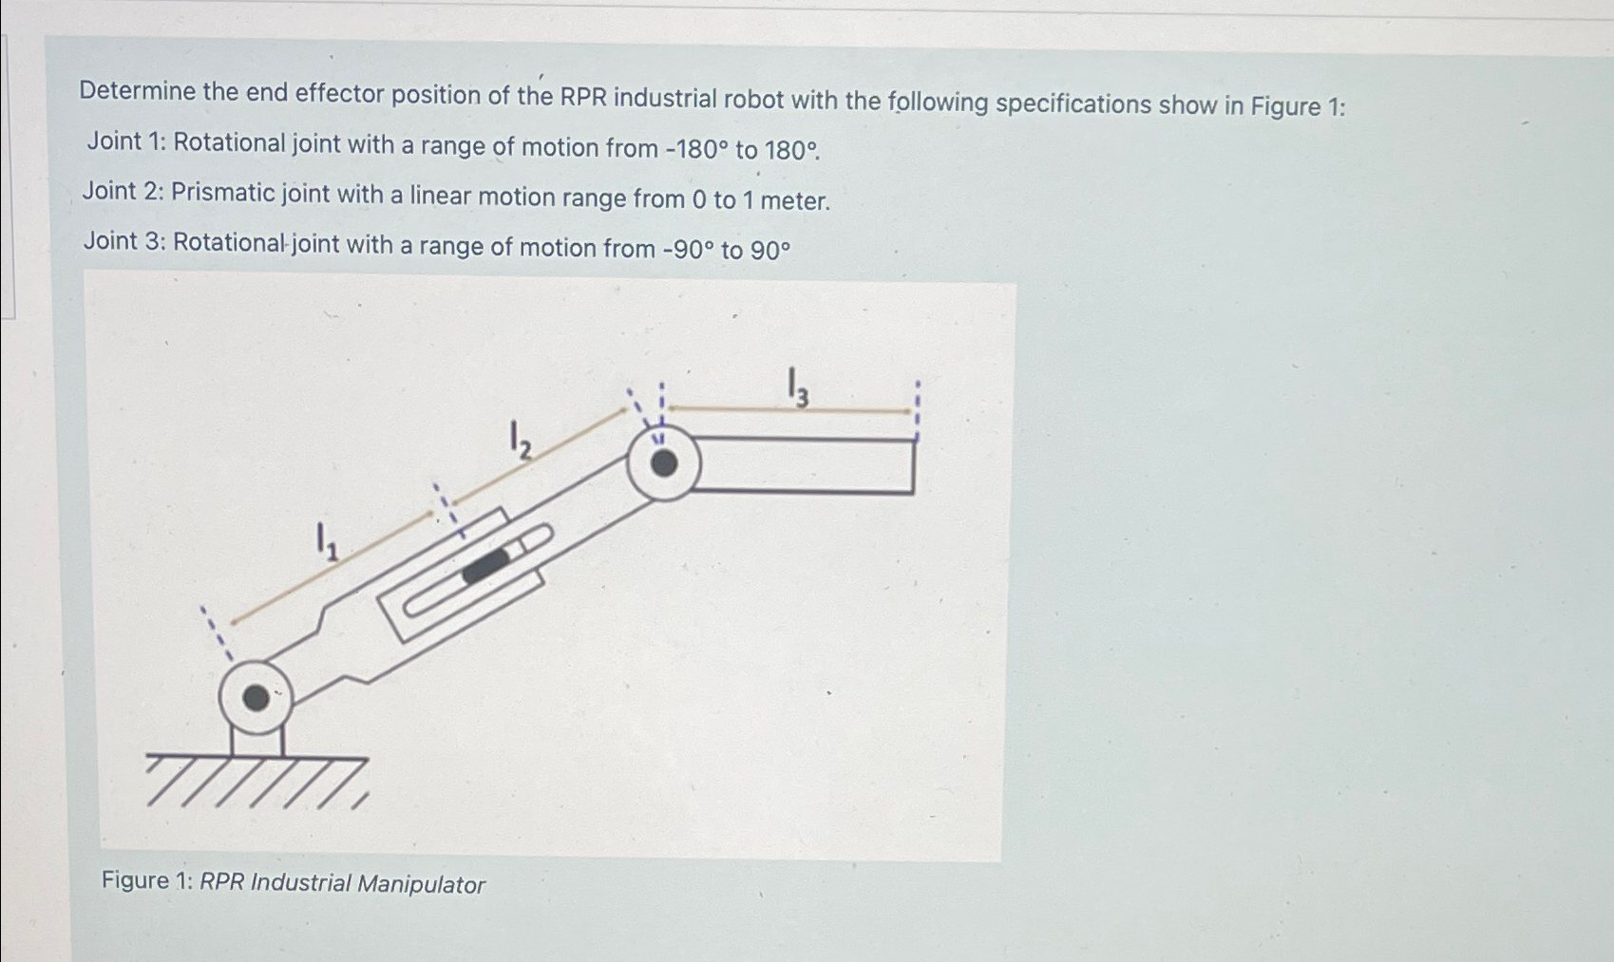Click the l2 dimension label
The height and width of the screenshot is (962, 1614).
click(x=519, y=441)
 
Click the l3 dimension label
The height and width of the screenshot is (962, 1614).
click(x=798, y=387)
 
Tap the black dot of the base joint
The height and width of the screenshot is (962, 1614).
click(x=256, y=698)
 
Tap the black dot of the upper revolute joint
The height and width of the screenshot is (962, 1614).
click(x=664, y=463)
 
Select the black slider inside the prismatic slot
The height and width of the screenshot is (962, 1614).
click(x=486, y=566)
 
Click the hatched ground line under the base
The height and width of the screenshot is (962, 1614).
click(x=256, y=759)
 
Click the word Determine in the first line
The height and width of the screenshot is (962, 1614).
click(x=137, y=91)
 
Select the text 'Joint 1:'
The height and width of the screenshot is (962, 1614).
click(x=126, y=142)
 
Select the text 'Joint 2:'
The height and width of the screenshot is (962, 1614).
click(x=123, y=192)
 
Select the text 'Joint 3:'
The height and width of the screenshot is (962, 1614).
click(x=123, y=241)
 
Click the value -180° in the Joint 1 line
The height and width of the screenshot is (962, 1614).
click(x=697, y=149)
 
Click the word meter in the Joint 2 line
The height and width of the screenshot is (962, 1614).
click(x=796, y=201)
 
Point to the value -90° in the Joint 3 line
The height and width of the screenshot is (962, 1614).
click(x=687, y=250)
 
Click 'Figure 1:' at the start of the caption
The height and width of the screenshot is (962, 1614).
click(x=147, y=880)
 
